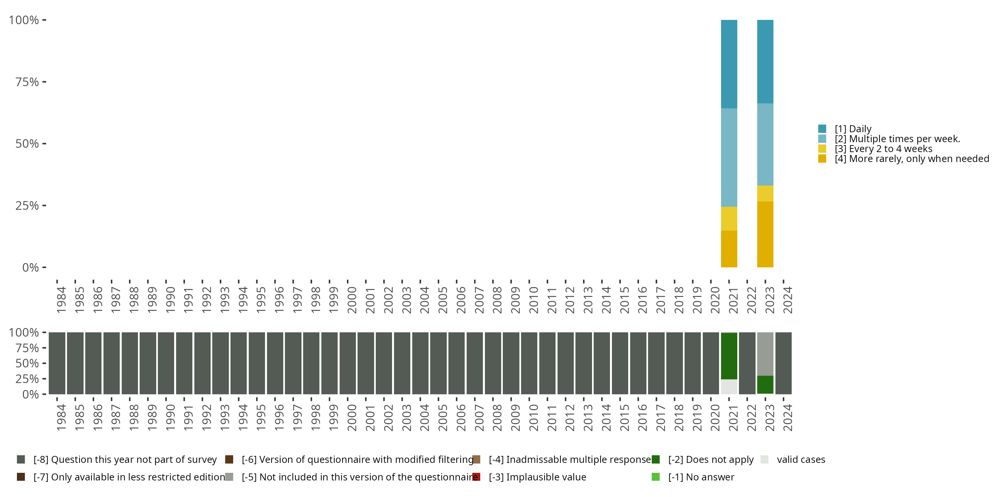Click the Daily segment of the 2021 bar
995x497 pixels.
729,64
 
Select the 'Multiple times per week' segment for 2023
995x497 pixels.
765,144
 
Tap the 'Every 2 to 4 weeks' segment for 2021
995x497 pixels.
729,218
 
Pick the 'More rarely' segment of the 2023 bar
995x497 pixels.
765,234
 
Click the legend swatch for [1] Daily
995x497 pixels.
822,129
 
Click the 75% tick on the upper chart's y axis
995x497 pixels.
27,82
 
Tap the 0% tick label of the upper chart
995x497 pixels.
30,267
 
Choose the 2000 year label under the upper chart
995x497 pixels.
352,300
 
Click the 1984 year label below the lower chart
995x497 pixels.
61,417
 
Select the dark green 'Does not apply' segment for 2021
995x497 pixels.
729,356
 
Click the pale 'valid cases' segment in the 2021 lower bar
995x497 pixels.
729,387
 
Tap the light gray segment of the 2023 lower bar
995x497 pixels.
765,354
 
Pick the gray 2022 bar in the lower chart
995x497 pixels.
747,363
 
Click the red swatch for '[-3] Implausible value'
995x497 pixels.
476,477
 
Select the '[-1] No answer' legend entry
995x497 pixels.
701,477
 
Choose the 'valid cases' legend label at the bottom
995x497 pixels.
801,460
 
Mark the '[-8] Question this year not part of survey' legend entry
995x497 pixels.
125,460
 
